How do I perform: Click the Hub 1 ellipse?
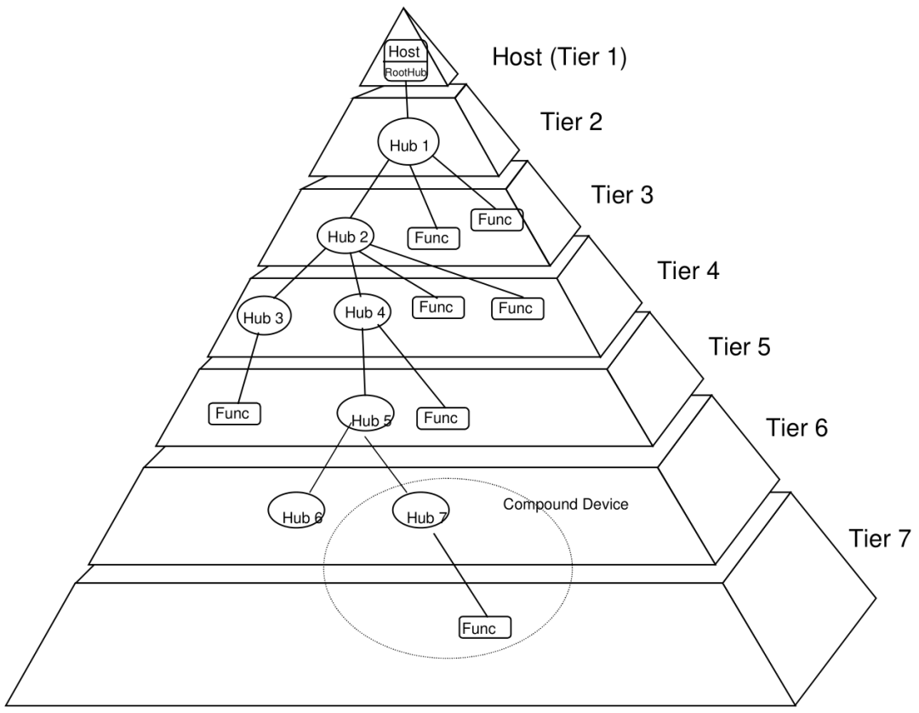pyautogui.click(x=408, y=144)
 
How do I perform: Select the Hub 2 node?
pyautogui.click(x=346, y=236)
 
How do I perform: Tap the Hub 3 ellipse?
pyautogui.click(x=265, y=317)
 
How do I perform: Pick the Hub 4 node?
pyautogui.click(x=362, y=311)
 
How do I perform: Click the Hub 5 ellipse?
pyautogui.click(x=366, y=414)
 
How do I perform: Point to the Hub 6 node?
pyautogui.click(x=297, y=510)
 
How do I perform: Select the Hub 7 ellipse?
pyautogui.click(x=421, y=511)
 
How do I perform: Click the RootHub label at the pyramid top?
pyautogui.click(x=406, y=72)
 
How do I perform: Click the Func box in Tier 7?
pyautogui.click(x=485, y=627)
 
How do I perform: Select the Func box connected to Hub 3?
pyautogui.click(x=235, y=414)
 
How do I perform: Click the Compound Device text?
pyautogui.click(x=566, y=505)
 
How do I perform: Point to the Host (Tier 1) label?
pyautogui.click(x=559, y=57)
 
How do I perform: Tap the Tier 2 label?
pyautogui.click(x=571, y=122)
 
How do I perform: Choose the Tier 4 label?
pyautogui.click(x=688, y=271)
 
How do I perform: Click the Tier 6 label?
pyautogui.click(x=796, y=428)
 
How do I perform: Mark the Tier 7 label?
pyautogui.click(x=880, y=539)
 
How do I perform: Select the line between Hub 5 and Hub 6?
pyautogui.click(x=330, y=458)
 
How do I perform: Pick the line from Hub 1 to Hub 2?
pyautogui.click(x=369, y=190)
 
